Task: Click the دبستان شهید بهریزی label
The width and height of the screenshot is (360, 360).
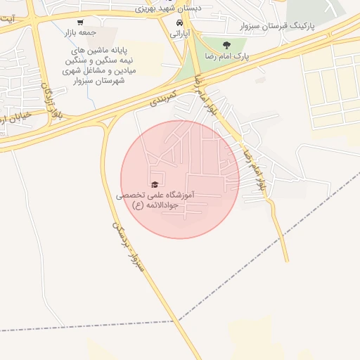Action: click(169, 8)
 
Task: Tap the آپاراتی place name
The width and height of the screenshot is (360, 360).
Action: click(179, 33)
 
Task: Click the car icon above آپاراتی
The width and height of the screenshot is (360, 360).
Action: click(179, 22)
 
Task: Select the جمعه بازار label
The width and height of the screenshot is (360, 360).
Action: click(96, 33)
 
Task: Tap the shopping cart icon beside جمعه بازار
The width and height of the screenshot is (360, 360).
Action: click(79, 22)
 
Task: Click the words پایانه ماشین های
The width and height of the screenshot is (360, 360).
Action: click(100, 52)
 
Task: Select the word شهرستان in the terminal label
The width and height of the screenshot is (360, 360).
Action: click(110, 81)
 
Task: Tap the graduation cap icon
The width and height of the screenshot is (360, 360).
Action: click(155, 184)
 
